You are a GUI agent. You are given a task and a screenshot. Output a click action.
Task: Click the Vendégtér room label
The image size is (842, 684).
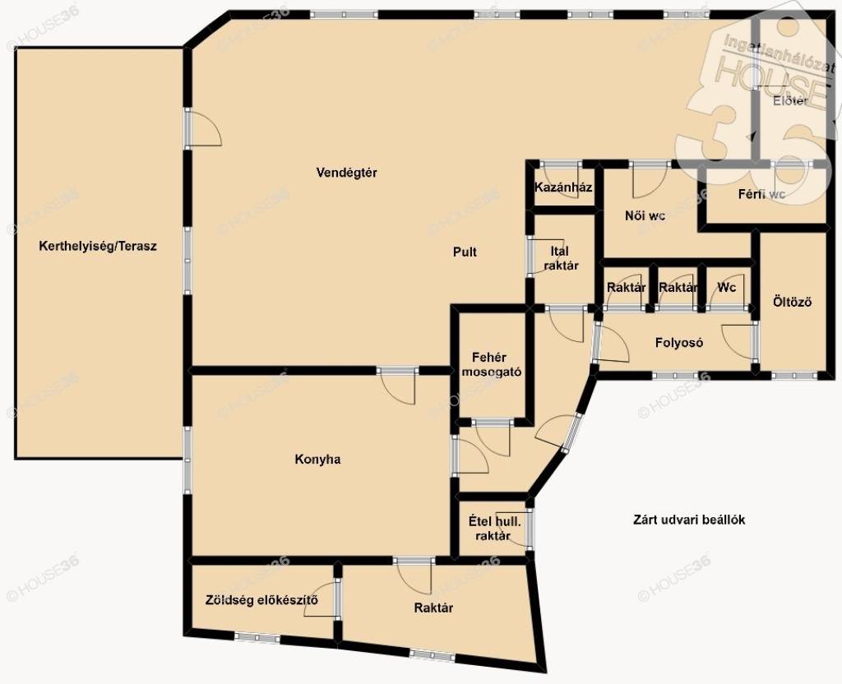pos(346,173)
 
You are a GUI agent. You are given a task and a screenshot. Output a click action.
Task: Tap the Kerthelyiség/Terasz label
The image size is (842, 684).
pos(98,247)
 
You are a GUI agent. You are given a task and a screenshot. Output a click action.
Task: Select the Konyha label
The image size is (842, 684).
pos(317,460)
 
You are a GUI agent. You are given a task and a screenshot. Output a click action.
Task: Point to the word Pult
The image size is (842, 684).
pos(465,252)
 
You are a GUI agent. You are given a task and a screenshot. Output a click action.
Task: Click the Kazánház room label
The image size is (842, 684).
pos(563,187)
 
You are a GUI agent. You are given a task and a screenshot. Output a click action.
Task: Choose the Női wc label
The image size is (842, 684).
pos(645,216)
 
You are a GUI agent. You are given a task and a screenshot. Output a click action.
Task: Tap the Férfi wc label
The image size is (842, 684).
pos(762,194)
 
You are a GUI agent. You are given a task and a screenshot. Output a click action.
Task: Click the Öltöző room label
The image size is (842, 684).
pos(792,302)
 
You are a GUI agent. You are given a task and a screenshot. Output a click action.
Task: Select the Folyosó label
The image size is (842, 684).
pos(678,343)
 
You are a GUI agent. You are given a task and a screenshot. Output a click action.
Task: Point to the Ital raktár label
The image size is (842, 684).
pos(559,258)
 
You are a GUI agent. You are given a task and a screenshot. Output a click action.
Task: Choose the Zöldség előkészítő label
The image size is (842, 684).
pos(261,599)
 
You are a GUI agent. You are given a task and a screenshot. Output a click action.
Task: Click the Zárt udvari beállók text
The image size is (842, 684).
pos(689,520)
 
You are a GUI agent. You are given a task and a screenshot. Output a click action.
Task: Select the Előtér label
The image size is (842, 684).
pos(790,100)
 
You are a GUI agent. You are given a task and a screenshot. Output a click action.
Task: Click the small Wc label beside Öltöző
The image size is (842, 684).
pos(727,287)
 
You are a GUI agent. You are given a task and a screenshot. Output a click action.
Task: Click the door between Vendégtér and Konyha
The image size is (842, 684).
pos(397,386)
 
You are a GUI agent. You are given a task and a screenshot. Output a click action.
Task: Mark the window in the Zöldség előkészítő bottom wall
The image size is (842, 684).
pos(257,637)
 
